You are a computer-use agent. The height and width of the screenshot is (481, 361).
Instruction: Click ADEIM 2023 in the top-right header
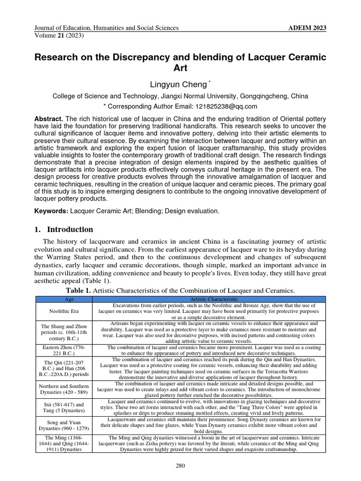click(x=307, y=28)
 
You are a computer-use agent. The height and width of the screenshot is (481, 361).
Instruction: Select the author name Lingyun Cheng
click(x=178, y=85)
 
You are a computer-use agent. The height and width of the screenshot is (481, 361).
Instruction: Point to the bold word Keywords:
click(x=51, y=211)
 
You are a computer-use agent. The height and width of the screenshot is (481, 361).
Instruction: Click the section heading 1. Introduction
click(x=64, y=230)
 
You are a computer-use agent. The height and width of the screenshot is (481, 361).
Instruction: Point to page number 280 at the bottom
click(x=180, y=466)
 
